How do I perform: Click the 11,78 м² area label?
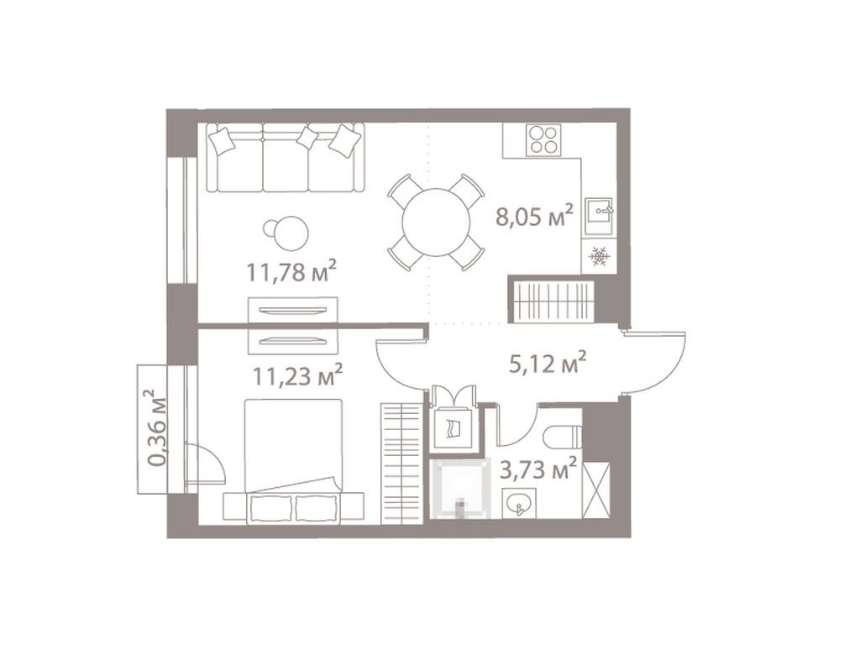click(x=291, y=270)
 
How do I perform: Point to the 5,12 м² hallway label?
click(x=547, y=364)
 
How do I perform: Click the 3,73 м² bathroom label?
click(x=537, y=468)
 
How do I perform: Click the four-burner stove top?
click(x=543, y=139)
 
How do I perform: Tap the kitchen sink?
click(x=600, y=210)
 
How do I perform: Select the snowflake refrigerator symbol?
click(x=600, y=256)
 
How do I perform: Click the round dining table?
click(x=436, y=222)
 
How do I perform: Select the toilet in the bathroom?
click(x=561, y=436)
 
